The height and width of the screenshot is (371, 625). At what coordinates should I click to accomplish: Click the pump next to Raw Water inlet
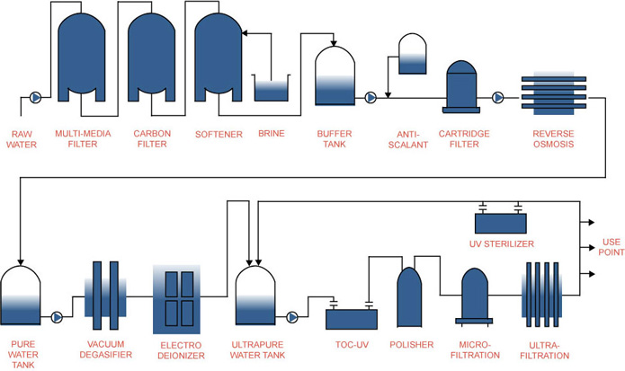click(35, 98)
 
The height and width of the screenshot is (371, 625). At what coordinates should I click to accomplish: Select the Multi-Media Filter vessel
click(82, 57)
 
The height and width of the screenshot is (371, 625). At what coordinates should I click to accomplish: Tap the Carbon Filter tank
click(151, 57)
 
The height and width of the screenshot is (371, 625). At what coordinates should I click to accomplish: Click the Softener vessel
click(218, 57)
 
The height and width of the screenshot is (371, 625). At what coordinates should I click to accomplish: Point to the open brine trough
click(271, 88)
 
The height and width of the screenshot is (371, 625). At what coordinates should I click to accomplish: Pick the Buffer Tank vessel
click(335, 76)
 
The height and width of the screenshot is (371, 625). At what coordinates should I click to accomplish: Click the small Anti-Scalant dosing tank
click(413, 54)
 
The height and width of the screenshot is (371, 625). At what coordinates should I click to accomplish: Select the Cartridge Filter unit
click(461, 87)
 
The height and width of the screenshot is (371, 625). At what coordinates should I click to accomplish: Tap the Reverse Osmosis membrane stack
click(554, 93)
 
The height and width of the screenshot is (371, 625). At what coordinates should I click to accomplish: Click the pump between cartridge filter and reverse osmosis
click(497, 98)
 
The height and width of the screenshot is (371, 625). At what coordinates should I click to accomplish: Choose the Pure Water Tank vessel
click(21, 296)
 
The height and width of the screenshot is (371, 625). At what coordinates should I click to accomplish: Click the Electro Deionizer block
click(176, 299)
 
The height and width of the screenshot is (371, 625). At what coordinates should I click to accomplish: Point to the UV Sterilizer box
click(501, 224)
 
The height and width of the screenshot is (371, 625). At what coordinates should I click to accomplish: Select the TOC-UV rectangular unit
click(352, 319)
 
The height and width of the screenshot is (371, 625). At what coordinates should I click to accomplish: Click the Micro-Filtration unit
click(474, 296)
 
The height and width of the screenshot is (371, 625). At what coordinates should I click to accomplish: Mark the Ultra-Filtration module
click(542, 295)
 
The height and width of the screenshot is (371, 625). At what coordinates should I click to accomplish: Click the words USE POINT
click(611, 247)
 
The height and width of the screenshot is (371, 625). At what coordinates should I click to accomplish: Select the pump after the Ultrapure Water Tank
click(292, 317)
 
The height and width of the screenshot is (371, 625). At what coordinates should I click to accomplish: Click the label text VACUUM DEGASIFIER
click(105, 349)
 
